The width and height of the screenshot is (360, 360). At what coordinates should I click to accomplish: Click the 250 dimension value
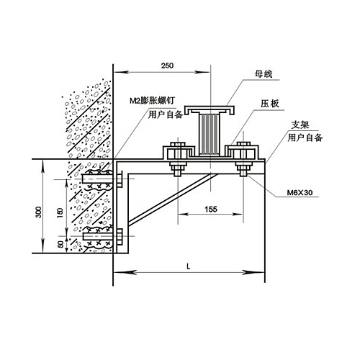(167, 66)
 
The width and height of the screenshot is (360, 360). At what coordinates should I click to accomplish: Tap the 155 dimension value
(211, 210)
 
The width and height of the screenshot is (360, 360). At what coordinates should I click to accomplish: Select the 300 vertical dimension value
(38, 212)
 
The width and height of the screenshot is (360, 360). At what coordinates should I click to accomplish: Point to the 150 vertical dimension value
(60, 212)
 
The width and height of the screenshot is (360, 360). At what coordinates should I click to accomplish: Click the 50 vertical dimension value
(61, 244)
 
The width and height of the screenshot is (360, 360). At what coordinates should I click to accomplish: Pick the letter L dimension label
(189, 266)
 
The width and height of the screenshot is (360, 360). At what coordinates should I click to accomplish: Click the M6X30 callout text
(300, 192)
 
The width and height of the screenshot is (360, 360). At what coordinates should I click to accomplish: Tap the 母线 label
(264, 74)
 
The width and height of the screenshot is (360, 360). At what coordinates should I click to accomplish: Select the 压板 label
(270, 104)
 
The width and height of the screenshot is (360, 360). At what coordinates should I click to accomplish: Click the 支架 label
(300, 125)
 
